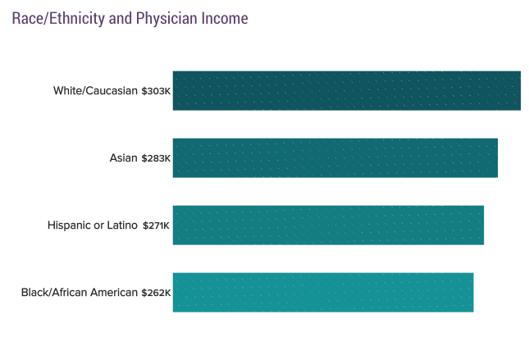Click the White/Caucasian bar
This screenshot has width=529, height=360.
click(x=346, y=90)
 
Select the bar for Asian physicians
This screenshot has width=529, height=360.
click(x=335, y=157)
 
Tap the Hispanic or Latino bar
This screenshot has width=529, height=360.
click(x=328, y=225)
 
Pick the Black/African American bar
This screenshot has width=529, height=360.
click(x=323, y=292)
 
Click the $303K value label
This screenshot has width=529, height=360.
click(x=156, y=91)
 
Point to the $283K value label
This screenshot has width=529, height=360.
click(x=156, y=158)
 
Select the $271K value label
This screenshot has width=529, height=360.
click(x=157, y=226)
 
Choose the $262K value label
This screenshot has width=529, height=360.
click(x=156, y=293)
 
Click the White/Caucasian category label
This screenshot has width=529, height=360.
click(x=95, y=90)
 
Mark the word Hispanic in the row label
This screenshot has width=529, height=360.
click(x=69, y=225)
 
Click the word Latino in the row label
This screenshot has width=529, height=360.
click(x=123, y=225)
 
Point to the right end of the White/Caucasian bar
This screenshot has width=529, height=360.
click(x=519, y=90)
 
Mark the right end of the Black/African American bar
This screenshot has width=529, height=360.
click(x=472, y=292)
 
